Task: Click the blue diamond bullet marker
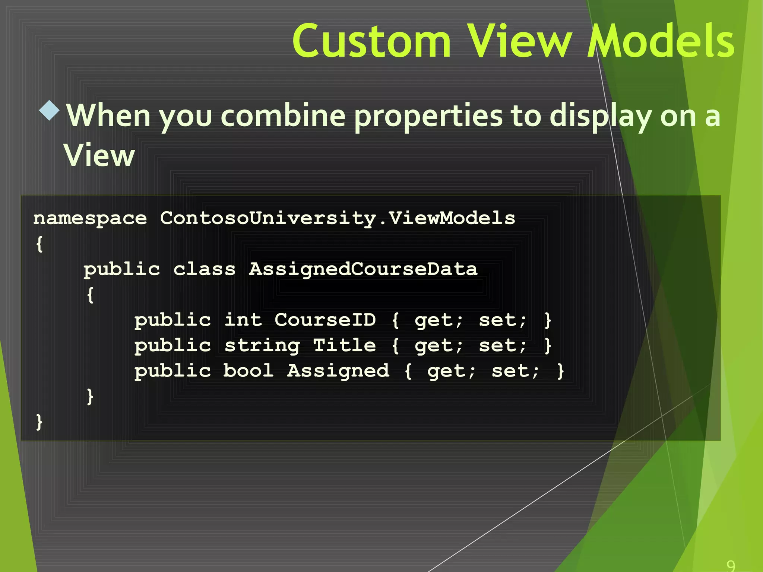coord(49,111)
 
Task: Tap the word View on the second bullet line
coord(99,155)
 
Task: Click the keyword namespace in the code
coord(90,219)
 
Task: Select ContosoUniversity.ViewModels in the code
coord(338,219)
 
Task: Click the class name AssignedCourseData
coord(363,269)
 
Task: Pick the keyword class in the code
coord(204,269)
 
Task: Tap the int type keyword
coord(243,320)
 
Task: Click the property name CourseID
coord(325,320)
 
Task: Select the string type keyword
coord(262,346)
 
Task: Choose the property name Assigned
coord(338,371)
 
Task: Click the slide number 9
coord(731,565)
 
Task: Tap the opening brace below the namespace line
coord(39,244)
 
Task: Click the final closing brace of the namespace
coord(39,422)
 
